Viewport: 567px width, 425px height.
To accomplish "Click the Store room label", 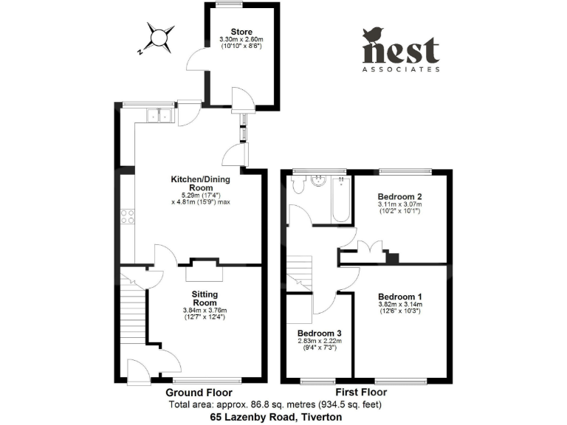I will point(241,31).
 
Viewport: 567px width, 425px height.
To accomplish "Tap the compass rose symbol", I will point(159,37).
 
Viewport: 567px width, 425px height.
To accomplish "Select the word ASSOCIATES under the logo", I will point(401,69).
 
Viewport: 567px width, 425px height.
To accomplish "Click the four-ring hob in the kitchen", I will point(127,217).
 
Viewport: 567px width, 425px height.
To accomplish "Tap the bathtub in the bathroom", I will point(342,199).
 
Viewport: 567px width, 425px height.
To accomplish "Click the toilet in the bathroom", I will point(298,184).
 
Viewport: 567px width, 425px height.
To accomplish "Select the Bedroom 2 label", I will point(399,196).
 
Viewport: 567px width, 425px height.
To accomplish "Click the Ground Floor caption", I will point(199,393).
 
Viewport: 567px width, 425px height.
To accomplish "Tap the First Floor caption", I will point(361,393).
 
